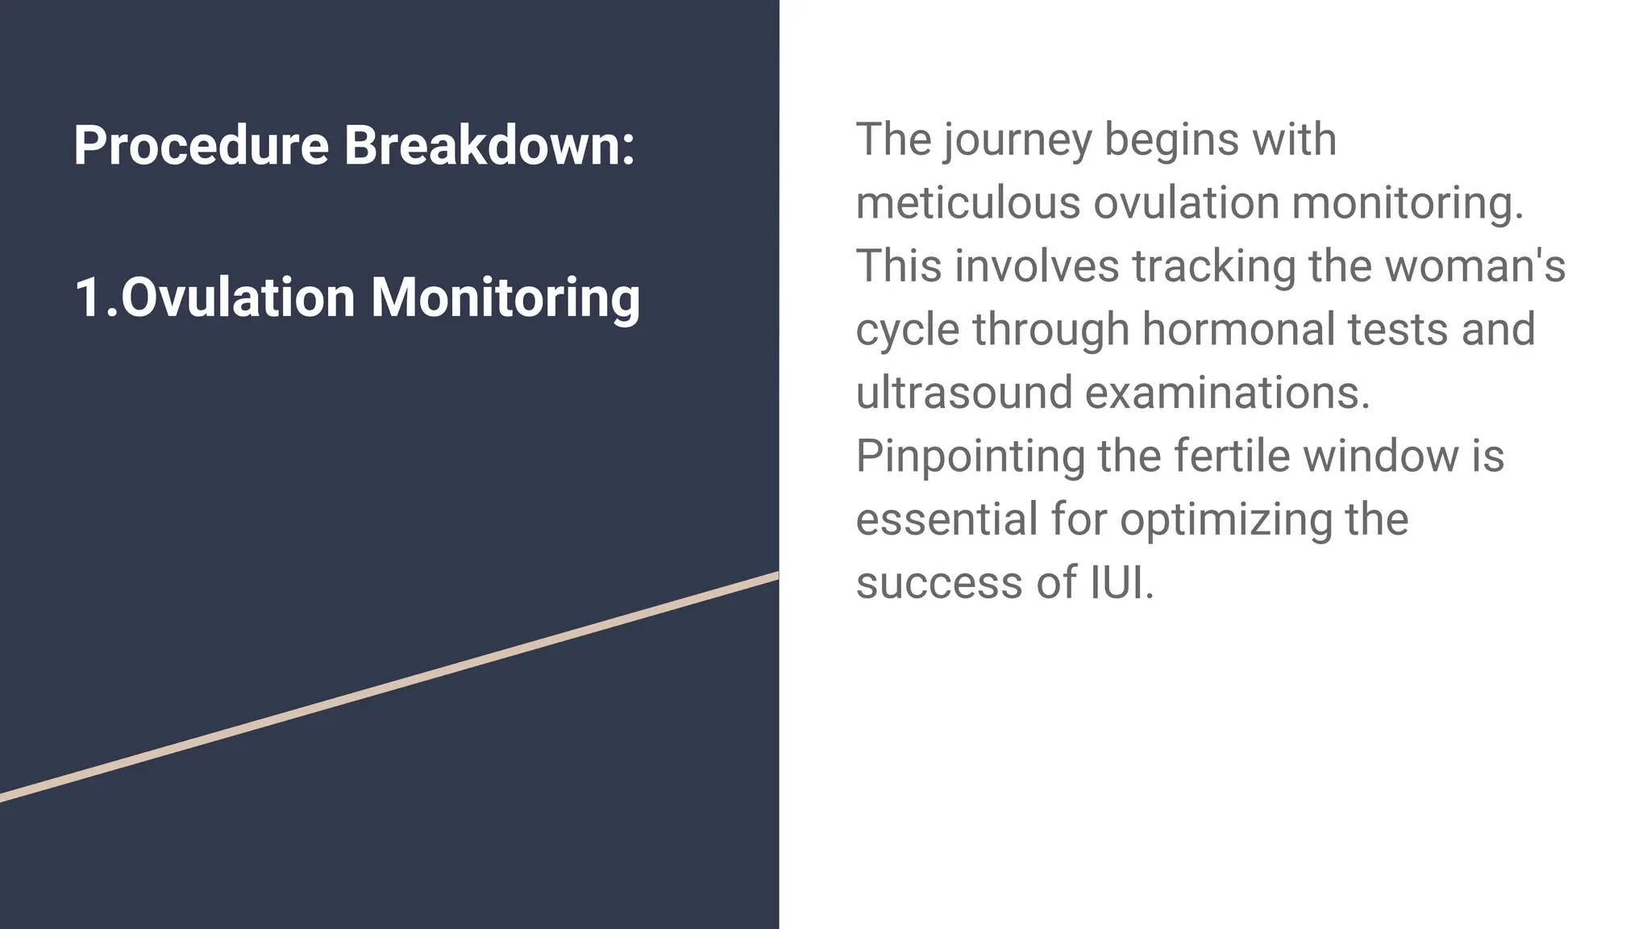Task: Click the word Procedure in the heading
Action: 201,146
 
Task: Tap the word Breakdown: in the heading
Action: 489,146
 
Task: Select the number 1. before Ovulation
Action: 95,298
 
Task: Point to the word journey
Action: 1017,141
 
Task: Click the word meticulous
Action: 967,202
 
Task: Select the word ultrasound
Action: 963,393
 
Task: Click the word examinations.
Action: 1227,393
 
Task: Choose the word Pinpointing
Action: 970,457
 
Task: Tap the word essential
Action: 946,519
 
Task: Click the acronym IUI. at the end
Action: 1121,582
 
